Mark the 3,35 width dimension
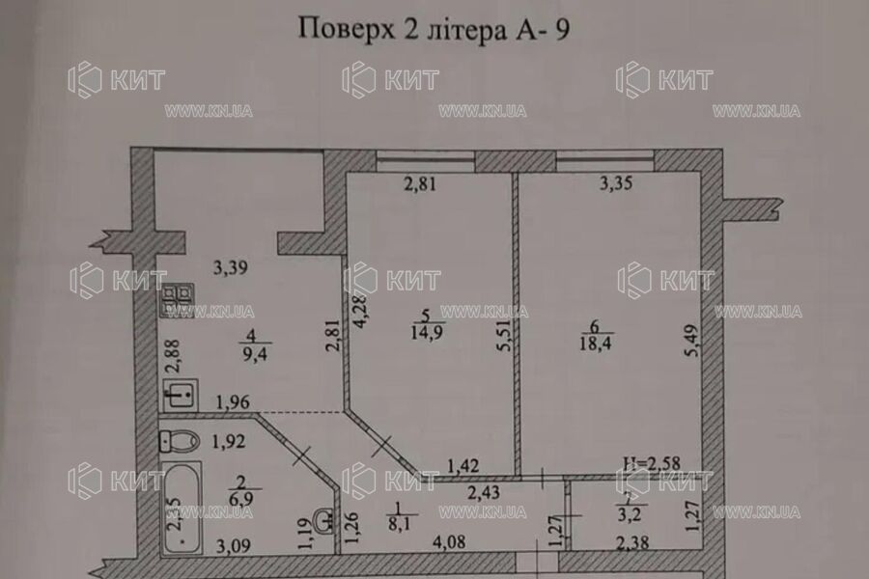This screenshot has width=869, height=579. click(616, 186)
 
